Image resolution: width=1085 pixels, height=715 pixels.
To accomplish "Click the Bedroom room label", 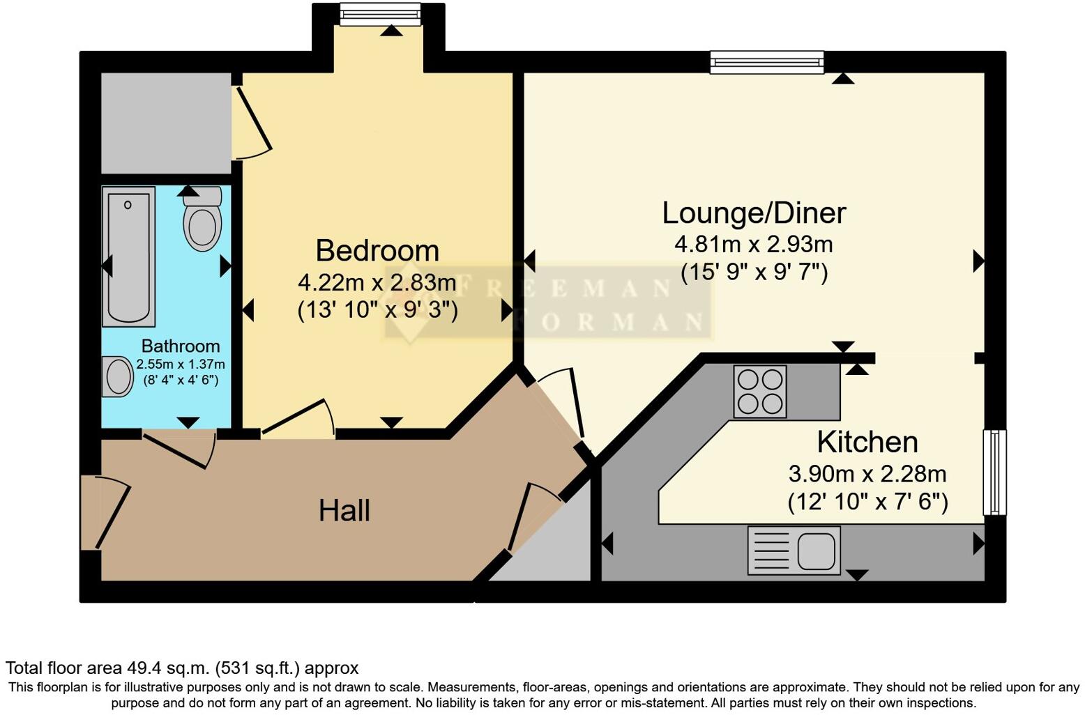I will [x=377, y=251].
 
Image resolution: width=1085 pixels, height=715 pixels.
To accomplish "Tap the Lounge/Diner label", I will [x=753, y=213].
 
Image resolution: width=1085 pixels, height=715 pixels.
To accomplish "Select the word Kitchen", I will [x=867, y=443].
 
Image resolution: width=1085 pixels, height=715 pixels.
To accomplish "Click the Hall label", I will [x=344, y=511].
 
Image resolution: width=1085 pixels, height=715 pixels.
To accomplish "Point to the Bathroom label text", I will [x=181, y=346].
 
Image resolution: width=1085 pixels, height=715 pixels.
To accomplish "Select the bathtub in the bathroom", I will [x=128, y=256].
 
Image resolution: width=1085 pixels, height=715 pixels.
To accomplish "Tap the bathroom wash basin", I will [x=118, y=377].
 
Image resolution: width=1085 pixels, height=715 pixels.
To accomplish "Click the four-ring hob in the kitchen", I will [x=760, y=392].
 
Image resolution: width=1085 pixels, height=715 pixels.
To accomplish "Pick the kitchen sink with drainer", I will [x=794, y=551].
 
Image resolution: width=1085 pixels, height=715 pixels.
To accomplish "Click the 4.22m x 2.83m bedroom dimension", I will [x=377, y=283].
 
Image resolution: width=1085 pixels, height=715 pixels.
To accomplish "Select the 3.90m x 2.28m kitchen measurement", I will [x=867, y=475].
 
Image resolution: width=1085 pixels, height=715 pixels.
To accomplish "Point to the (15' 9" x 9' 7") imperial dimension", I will [x=754, y=272].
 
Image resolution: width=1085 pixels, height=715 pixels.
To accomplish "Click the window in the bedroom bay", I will [x=380, y=13].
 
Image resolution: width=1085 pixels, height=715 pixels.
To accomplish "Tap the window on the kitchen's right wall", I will [x=994, y=472].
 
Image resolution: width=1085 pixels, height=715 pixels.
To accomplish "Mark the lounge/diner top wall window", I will [x=766, y=62].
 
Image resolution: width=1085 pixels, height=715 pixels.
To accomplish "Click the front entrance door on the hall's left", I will [x=105, y=512].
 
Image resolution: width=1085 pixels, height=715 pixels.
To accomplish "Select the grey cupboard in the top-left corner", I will [x=166, y=123].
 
